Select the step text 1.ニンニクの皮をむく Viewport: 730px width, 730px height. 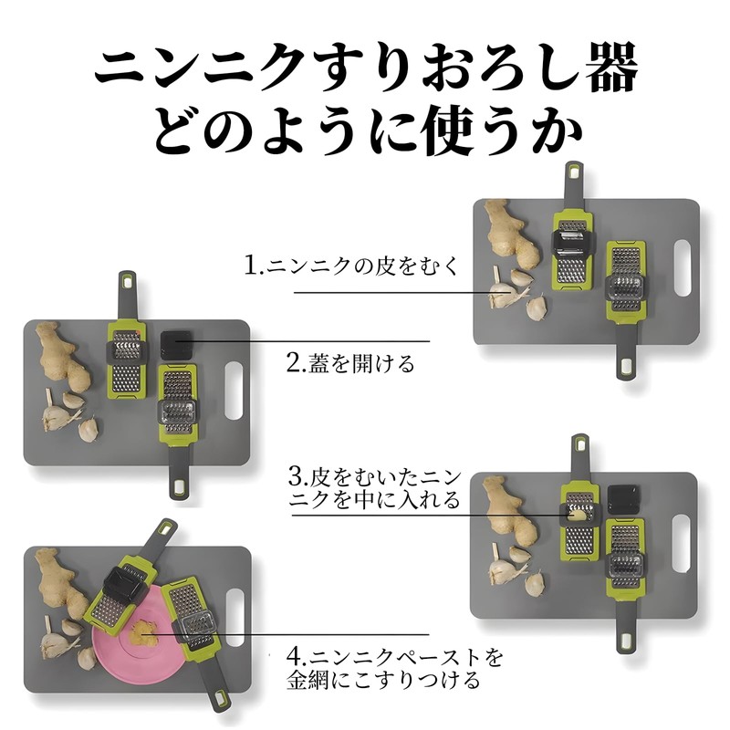click(x=352, y=266)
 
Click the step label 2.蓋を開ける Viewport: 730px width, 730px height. click(x=350, y=363)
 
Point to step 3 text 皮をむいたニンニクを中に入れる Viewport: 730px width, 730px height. click(x=375, y=489)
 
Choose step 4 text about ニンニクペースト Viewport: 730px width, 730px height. click(x=395, y=669)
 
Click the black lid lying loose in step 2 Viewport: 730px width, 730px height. click(x=176, y=345)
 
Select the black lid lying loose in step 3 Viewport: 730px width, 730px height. click(x=623, y=499)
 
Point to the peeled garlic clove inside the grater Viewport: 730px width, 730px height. click(x=577, y=514)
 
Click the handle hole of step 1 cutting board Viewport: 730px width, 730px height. click(x=681, y=267)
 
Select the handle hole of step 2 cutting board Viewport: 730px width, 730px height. click(x=234, y=391)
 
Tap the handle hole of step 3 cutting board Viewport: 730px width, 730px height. click(x=680, y=543)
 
